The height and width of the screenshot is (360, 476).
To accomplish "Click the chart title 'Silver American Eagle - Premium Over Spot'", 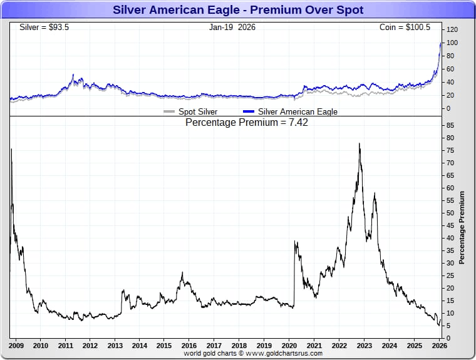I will (237, 10).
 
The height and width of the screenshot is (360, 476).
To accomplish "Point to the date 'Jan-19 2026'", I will (232, 28).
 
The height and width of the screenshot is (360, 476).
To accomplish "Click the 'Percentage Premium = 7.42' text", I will (247, 123).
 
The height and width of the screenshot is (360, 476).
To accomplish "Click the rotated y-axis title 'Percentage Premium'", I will (462, 227).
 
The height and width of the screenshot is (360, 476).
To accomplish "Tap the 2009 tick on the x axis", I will (16, 346).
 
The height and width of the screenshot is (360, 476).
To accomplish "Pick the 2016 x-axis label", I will (189, 346).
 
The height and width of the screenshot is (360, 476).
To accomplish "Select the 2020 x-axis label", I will (289, 346).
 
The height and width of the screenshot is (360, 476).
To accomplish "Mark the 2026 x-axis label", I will (439, 346).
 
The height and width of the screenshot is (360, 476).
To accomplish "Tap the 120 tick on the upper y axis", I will (453, 29).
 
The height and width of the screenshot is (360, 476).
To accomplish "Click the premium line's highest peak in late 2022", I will (359, 143).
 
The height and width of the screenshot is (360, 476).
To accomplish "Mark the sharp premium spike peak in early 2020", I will (294, 242).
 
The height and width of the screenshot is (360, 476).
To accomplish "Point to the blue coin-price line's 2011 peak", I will (73, 75).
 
